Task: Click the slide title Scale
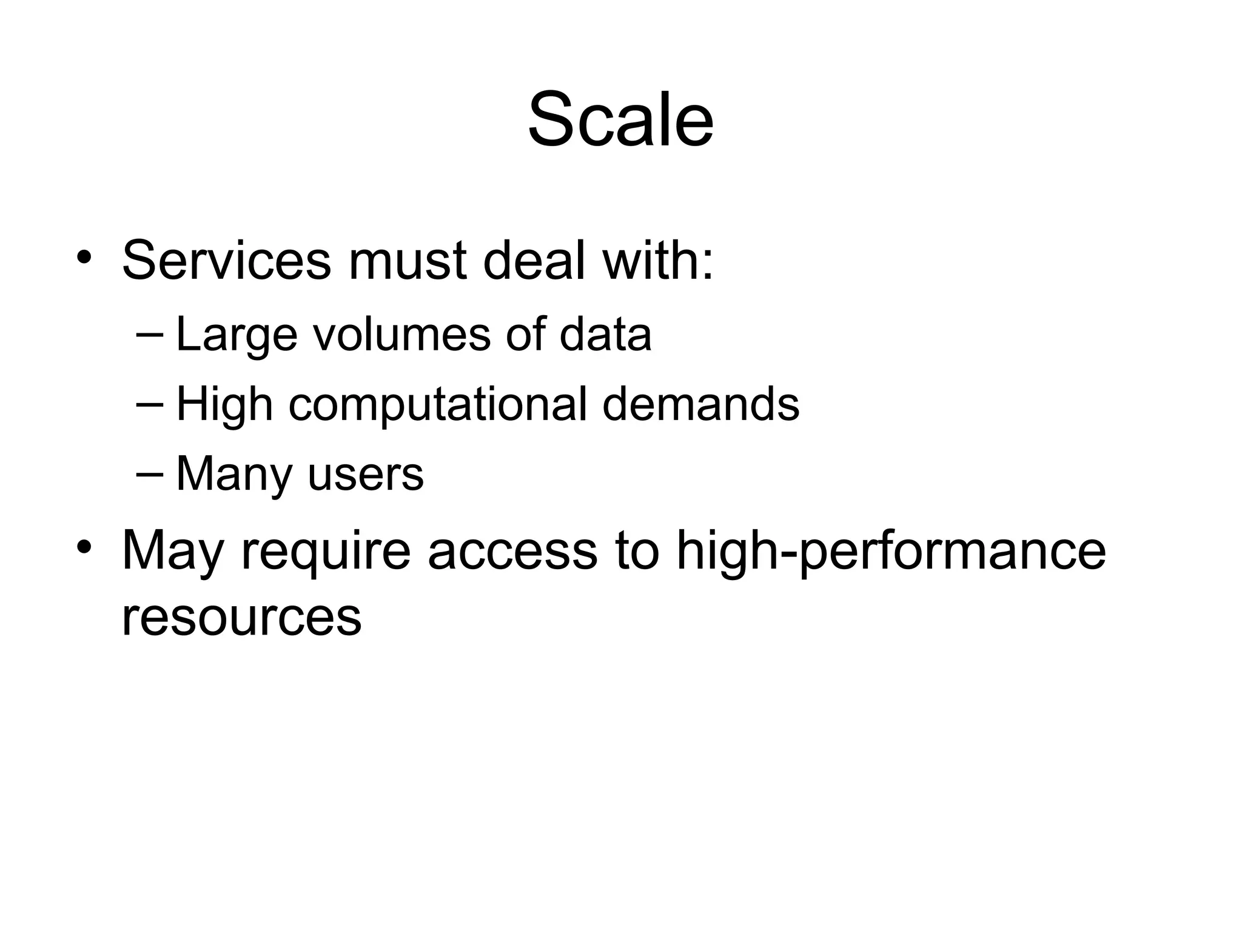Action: [x=620, y=119]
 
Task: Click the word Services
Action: [x=227, y=261]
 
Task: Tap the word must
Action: [x=408, y=261]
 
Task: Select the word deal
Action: [x=534, y=261]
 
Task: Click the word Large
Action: [x=237, y=335]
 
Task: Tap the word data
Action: [x=605, y=335]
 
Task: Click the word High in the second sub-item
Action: [x=224, y=404]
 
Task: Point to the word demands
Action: [x=700, y=404]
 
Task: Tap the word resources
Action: [x=241, y=617]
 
